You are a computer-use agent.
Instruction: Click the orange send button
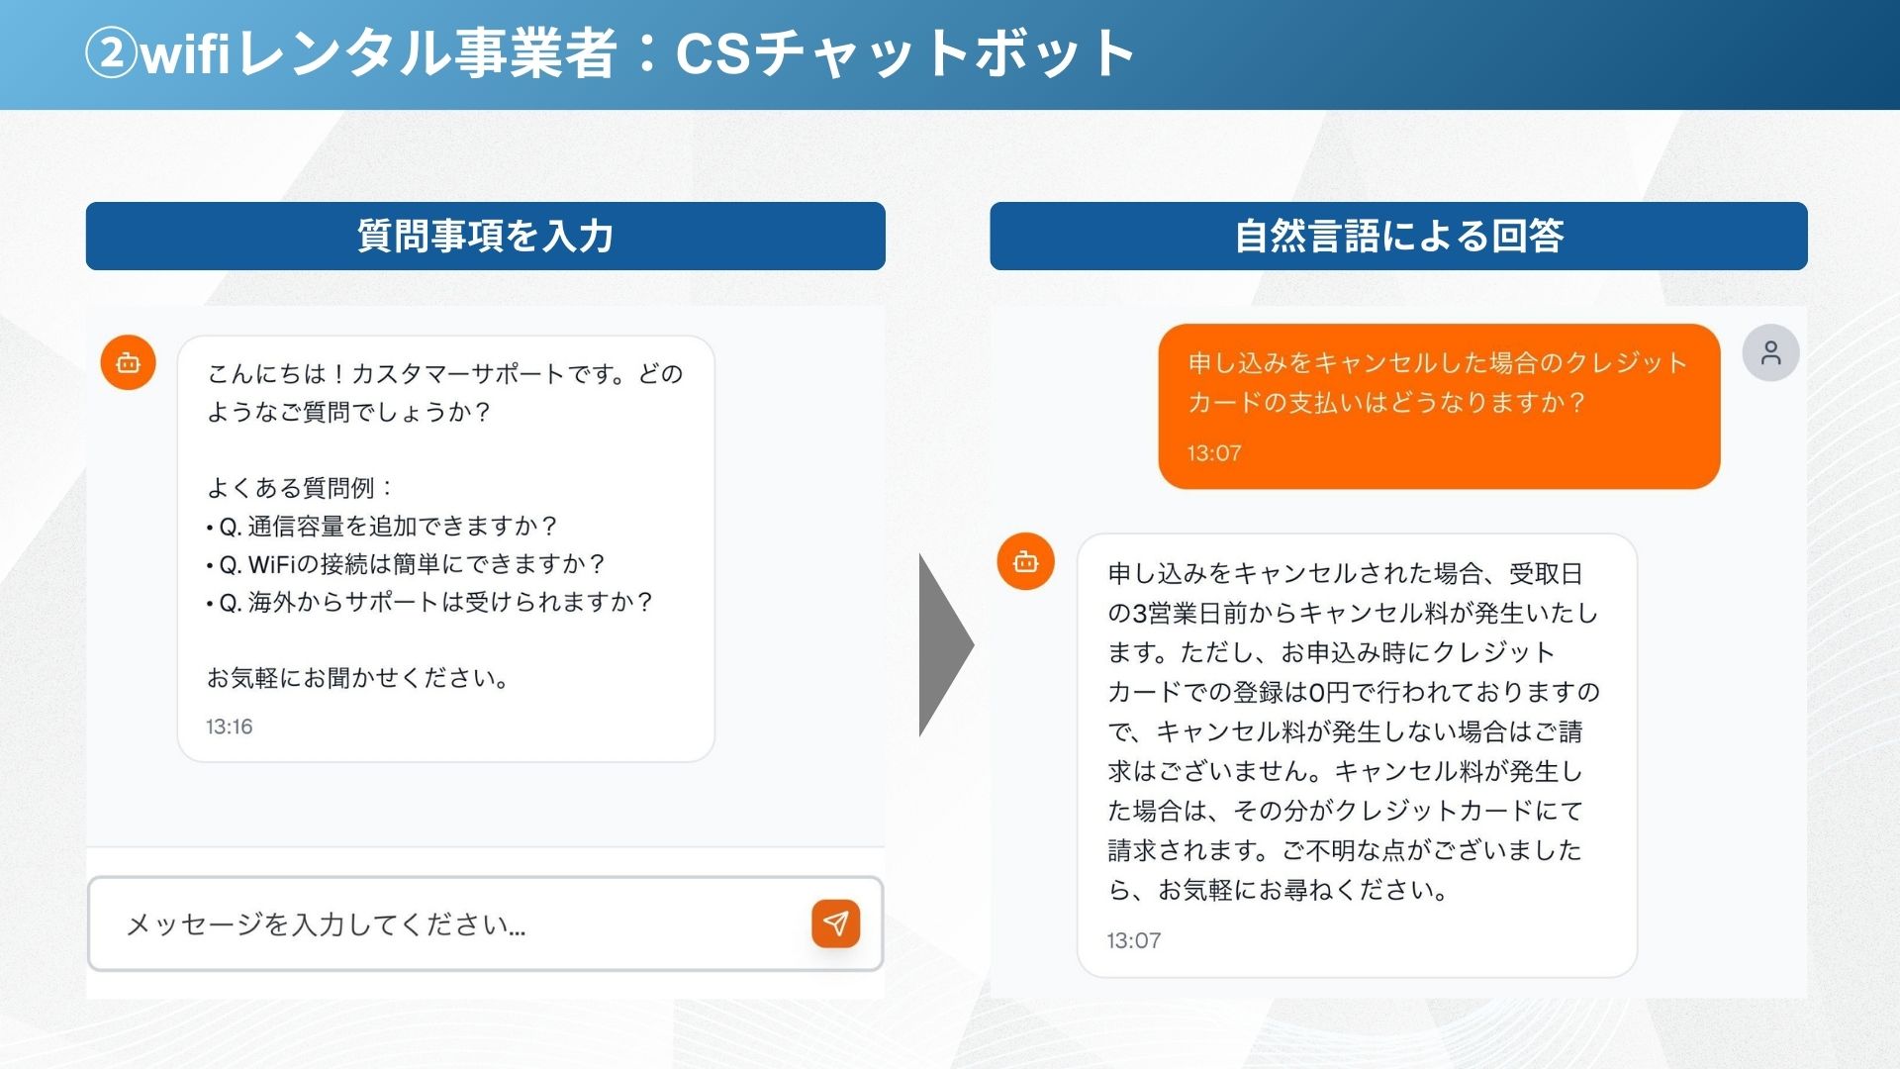pyautogui.click(x=835, y=923)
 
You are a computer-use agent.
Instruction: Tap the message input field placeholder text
pyautogui.click(x=326, y=924)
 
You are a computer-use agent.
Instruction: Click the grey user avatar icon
pyautogui.click(x=1770, y=352)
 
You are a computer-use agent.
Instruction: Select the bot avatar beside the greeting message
pyautogui.click(x=129, y=362)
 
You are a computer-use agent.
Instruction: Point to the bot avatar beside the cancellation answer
pyautogui.click(x=1025, y=561)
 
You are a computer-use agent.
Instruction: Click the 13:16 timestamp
pyautogui.click(x=229, y=727)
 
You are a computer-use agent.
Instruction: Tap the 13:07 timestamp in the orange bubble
pyautogui.click(x=1214, y=453)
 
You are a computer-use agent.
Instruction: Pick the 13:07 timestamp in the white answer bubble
pyautogui.click(x=1133, y=940)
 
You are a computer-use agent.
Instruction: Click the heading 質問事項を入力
pyautogui.click(x=485, y=237)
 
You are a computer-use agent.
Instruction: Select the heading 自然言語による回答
pyautogui.click(x=1398, y=237)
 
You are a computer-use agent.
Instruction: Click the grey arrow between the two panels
pyautogui.click(x=946, y=645)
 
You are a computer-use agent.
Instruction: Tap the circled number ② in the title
pyautogui.click(x=111, y=52)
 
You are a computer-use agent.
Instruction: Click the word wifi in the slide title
pyautogui.click(x=185, y=52)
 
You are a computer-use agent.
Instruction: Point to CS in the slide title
pyautogui.click(x=713, y=53)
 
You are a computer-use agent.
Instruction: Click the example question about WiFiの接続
pyautogui.click(x=412, y=564)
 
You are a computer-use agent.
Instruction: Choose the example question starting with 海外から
pyautogui.click(x=435, y=602)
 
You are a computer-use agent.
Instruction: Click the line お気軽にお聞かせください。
pyautogui.click(x=358, y=678)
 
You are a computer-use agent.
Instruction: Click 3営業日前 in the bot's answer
pyautogui.click(x=1189, y=614)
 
